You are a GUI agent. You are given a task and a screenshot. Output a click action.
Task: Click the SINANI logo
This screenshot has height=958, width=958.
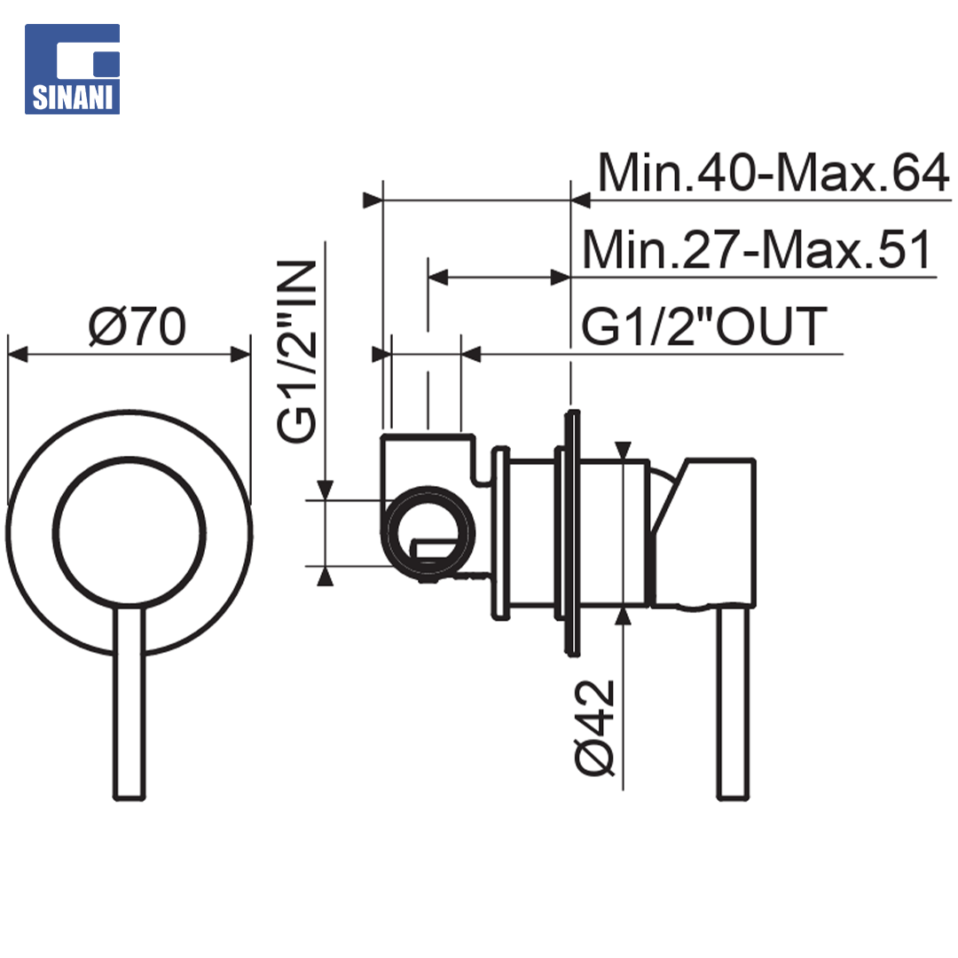(72, 69)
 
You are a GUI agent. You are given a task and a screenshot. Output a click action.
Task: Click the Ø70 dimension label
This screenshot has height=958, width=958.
(137, 326)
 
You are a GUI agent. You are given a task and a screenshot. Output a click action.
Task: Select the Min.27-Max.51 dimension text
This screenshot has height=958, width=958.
(757, 249)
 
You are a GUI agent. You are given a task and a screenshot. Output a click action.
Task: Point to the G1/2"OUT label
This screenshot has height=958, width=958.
(704, 326)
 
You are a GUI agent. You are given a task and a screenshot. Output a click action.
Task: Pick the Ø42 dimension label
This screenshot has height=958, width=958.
(594, 727)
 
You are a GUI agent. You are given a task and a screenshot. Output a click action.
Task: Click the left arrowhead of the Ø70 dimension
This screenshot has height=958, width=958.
(17, 354)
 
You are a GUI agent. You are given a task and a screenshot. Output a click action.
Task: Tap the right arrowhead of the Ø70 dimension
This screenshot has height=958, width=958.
(240, 354)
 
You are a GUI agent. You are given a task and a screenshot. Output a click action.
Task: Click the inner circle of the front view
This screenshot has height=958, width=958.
(129, 459)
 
